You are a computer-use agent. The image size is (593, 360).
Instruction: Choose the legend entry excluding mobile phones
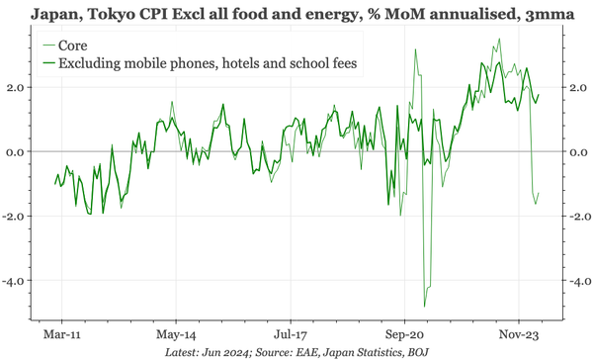tap(208, 64)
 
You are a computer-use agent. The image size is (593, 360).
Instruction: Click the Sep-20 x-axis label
tap(403, 320)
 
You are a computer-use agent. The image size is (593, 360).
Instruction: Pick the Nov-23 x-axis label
tap(518, 320)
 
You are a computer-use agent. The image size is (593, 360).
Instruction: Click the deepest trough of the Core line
tap(425, 306)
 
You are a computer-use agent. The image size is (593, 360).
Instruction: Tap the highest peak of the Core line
tap(501, 40)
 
